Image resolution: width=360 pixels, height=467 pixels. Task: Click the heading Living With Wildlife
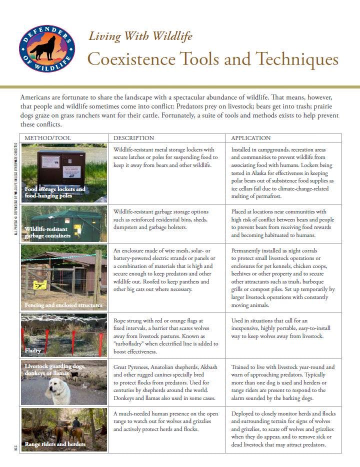point(140,36)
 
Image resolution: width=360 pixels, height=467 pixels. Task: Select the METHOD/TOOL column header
point(48,138)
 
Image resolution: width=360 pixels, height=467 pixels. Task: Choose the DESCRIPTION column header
point(133,138)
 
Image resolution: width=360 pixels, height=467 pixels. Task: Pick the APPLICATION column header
point(251,138)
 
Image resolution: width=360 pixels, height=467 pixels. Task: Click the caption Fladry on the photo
point(33,351)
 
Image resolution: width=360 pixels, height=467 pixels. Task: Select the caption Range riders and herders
point(55,444)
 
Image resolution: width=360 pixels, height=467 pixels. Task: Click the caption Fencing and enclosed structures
point(63,305)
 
